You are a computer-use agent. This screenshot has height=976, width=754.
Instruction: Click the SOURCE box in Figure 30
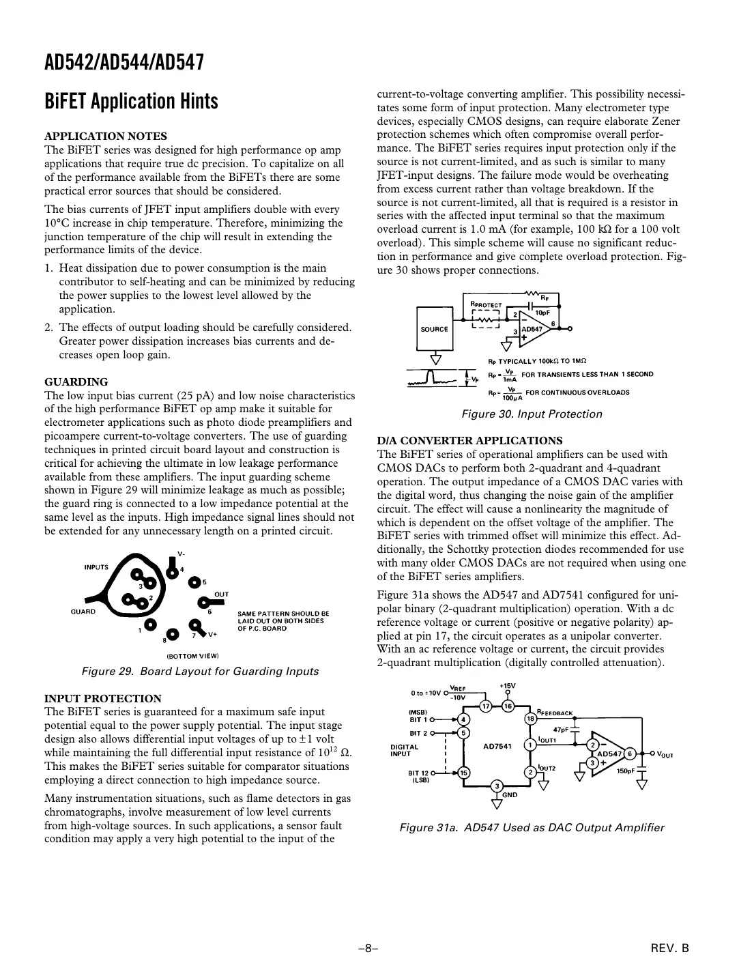point(434,329)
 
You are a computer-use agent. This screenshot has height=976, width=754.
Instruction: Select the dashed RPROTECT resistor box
point(486,319)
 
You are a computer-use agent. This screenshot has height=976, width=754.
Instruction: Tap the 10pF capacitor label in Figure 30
point(542,312)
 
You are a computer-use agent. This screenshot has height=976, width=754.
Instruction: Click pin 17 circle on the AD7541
point(486,706)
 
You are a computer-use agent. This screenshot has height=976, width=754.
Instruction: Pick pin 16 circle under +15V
point(508,706)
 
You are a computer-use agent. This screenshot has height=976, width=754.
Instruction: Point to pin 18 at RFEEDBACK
point(530,718)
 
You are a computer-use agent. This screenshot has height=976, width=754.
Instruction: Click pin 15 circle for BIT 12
point(463,773)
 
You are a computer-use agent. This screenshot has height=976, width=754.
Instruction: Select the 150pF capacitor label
point(626,771)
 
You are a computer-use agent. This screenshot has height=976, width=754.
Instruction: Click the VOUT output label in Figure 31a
point(665,754)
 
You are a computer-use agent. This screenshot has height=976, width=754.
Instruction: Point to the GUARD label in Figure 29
point(83,612)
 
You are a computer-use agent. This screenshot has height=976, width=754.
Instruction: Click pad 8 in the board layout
point(173,635)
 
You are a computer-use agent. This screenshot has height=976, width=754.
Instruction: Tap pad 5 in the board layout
point(195,582)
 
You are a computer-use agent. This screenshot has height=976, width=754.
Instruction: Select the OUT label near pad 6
point(222,594)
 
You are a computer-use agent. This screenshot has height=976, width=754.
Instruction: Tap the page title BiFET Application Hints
point(131,102)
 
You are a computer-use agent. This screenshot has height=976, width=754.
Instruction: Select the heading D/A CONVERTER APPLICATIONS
point(469,440)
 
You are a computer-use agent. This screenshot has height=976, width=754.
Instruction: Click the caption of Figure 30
point(532,414)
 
